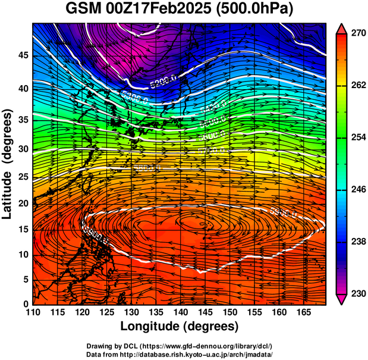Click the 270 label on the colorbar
pyautogui.click(x=358, y=34)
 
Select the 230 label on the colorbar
pyautogui.click(x=358, y=293)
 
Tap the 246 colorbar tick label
pyautogui.click(x=358, y=190)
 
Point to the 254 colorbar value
pyautogui.click(x=358, y=137)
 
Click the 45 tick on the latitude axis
pyautogui.click(x=23, y=55)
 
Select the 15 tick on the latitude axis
pyautogui.click(x=23, y=230)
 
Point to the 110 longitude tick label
pyautogui.click(x=33, y=312)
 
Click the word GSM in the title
pyautogui.click(x=82, y=10)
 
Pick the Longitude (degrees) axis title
pyautogui.click(x=180, y=326)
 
